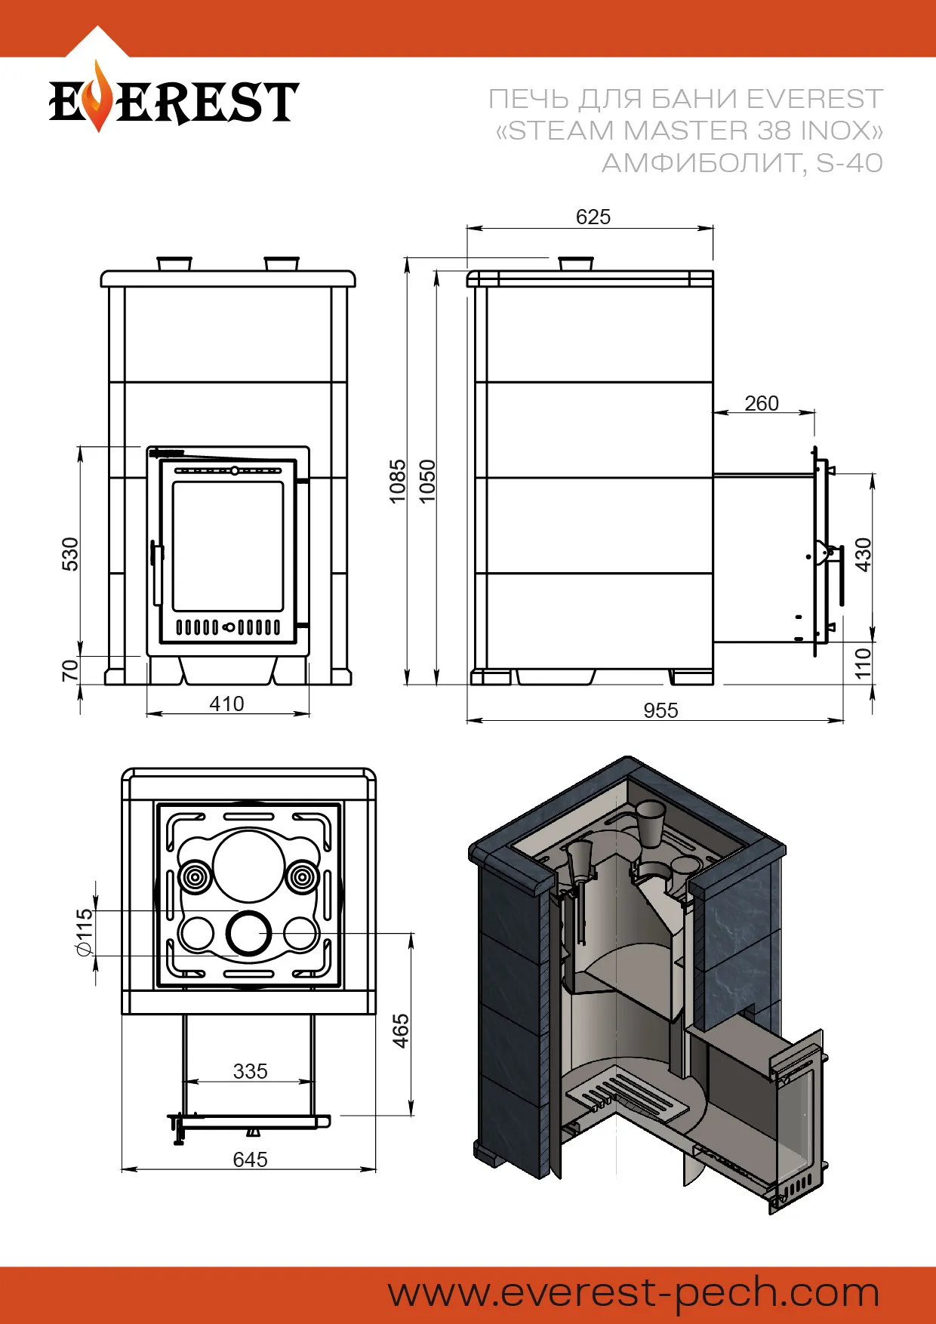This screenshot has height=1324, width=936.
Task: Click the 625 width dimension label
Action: click(x=593, y=217)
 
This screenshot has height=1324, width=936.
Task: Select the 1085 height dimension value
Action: click(x=397, y=481)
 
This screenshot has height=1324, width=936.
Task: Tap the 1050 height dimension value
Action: click(x=427, y=481)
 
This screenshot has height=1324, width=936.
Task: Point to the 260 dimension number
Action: click(x=761, y=404)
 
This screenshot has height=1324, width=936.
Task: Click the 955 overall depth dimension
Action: click(x=660, y=710)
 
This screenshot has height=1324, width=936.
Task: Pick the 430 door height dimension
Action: click(x=863, y=554)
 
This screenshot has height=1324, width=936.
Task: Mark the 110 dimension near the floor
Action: click(x=863, y=663)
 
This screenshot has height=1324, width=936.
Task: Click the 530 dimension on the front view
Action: click(x=69, y=554)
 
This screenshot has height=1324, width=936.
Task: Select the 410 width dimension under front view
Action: click(x=226, y=704)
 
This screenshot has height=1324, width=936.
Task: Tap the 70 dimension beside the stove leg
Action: click(x=69, y=670)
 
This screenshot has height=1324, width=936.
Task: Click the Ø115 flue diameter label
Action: click(x=85, y=933)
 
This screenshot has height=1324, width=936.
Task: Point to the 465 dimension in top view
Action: click(x=401, y=1031)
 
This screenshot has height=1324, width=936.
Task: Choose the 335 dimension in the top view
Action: click(x=250, y=1071)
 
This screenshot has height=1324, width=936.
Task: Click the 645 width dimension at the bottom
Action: click(x=250, y=1159)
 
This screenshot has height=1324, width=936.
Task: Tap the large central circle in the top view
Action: click(x=248, y=866)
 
